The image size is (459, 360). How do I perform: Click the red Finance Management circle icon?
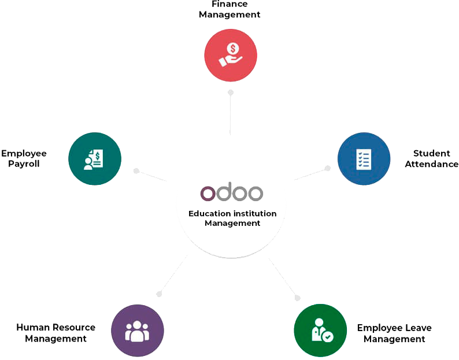(231, 55)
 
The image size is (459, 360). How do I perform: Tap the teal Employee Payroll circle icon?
(95, 159)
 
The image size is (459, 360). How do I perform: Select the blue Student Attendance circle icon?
(364, 159)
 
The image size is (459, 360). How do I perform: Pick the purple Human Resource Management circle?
(137, 331)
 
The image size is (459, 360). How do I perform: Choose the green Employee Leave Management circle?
(320, 331)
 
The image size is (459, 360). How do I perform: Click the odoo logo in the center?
(232, 192)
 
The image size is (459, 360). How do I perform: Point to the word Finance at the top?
(229, 4)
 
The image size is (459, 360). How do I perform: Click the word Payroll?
(24, 164)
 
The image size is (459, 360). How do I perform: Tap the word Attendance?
(431, 164)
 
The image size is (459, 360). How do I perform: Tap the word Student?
(431, 153)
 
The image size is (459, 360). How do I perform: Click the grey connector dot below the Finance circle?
(231, 92)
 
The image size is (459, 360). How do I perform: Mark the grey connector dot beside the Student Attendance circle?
(328, 168)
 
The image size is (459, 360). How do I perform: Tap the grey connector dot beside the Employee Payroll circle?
(136, 170)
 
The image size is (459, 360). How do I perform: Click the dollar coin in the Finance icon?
(233, 49)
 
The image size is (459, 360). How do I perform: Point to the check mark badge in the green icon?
(328, 337)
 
